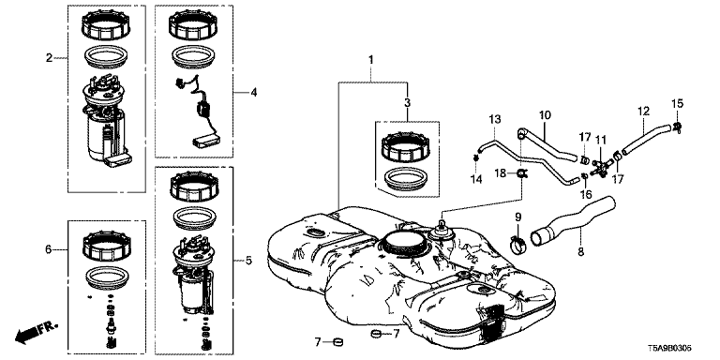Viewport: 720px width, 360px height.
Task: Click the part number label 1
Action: coord(370,60)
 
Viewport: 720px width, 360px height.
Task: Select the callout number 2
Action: coord(49,58)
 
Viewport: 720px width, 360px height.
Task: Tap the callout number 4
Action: coord(253,93)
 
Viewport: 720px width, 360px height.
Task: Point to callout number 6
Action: coord(49,249)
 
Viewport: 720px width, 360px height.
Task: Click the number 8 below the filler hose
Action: coord(581,251)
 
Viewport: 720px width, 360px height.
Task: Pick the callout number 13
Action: coord(494,120)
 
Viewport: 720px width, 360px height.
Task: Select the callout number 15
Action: coord(678,103)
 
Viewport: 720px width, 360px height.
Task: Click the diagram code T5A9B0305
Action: coord(670,349)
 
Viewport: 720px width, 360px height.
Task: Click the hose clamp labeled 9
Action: coord(518,246)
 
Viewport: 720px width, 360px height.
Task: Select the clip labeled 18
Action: coord(522,173)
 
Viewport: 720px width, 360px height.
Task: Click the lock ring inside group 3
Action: coord(406,147)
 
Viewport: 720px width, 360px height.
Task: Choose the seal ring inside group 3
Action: coord(406,180)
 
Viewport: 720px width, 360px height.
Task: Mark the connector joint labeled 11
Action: coord(600,168)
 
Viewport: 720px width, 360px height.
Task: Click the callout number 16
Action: coord(585,194)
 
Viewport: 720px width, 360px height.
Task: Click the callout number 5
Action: coord(248,261)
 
